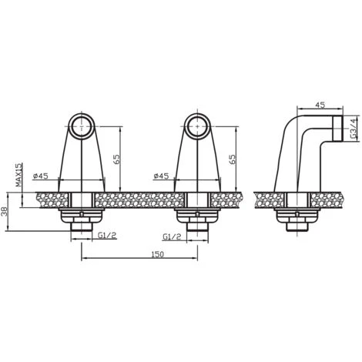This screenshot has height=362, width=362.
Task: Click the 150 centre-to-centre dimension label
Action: tap(157, 254)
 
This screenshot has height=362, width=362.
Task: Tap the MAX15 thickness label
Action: tap(19, 175)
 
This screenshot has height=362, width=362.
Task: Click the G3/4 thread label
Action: tap(354, 128)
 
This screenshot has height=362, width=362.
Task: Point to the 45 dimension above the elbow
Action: tap(320, 105)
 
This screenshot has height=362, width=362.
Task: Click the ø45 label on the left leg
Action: tap(41, 176)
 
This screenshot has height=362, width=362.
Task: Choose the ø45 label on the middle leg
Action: tap(161, 176)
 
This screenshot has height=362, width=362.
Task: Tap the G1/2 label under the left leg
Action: tap(107, 235)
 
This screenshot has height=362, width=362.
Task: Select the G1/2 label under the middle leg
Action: tap(172, 236)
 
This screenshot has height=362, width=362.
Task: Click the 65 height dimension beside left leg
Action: tap(116, 159)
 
